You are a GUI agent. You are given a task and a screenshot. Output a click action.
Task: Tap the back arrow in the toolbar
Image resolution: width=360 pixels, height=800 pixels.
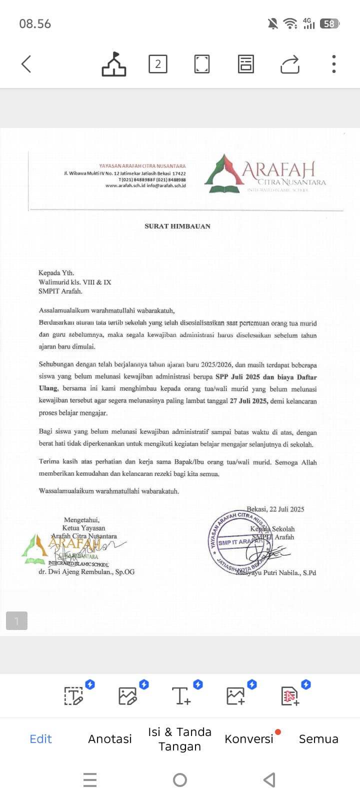click(x=26, y=64)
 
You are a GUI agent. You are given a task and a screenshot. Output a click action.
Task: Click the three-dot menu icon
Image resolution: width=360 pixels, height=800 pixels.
click(x=333, y=64)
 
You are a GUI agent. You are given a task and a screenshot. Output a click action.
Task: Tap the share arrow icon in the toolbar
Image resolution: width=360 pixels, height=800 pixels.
click(x=290, y=64)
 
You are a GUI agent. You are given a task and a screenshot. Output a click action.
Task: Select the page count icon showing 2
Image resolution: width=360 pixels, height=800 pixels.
click(x=158, y=64)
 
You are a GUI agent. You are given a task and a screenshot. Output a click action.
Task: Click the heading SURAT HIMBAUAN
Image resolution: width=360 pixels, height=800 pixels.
click(x=177, y=226)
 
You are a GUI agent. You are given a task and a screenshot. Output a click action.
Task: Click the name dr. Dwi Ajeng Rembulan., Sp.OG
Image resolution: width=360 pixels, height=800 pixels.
click(x=86, y=571)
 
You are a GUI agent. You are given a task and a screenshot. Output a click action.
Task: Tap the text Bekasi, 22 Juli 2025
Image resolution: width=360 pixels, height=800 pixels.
click(x=275, y=509)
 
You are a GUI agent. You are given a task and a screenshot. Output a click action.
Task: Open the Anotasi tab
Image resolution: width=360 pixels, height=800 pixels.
click(x=110, y=739)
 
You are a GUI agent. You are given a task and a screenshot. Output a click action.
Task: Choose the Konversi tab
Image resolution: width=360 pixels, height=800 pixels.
click(x=249, y=739)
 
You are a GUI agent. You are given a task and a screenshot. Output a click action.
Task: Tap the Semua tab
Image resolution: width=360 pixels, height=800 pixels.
click(x=318, y=739)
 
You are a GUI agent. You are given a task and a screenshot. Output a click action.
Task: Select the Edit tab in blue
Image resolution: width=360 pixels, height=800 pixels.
click(x=41, y=739)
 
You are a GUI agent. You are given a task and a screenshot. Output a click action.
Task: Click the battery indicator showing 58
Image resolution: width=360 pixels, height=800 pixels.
click(x=329, y=23)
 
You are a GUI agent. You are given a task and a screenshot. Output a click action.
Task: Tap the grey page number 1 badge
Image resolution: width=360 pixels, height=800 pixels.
click(x=16, y=621)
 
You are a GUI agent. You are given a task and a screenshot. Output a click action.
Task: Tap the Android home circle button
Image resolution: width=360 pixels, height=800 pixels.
click(x=180, y=779)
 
